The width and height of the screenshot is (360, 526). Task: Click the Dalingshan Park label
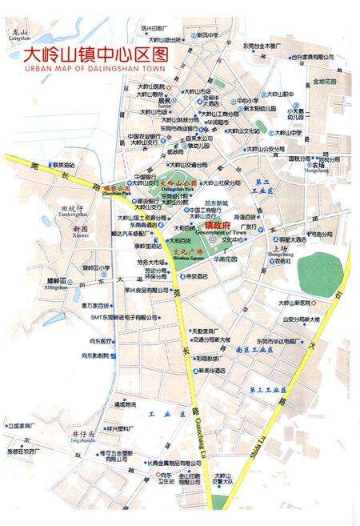coord(178,192)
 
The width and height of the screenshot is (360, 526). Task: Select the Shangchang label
coord(282,256)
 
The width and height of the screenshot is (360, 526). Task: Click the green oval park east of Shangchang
coord(319,274)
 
